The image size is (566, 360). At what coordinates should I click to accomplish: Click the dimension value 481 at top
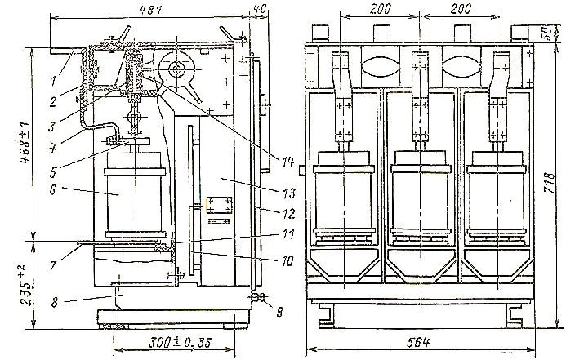pyautogui.click(x=151, y=10)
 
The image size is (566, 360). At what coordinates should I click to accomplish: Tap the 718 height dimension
pyautogui.click(x=550, y=183)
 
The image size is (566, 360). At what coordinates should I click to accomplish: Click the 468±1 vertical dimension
pyautogui.click(x=25, y=143)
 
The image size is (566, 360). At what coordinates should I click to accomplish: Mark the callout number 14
pyautogui.click(x=288, y=162)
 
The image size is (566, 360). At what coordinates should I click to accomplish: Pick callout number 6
pyautogui.click(x=53, y=189)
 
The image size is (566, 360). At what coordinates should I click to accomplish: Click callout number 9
pyautogui.click(x=279, y=311)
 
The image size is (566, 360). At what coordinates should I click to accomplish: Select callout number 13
pyautogui.click(x=289, y=193)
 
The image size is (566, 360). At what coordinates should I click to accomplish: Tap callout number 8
pyautogui.click(x=55, y=301)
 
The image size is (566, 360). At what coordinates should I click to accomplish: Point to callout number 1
pyautogui.click(x=53, y=81)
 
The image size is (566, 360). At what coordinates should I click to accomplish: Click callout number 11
pyautogui.click(x=288, y=234)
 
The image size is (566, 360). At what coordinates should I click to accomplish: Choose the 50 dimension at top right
pyautogui.click(x=547, y=33)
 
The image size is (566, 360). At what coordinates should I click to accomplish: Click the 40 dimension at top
pyautogui.click(x=260, y=9)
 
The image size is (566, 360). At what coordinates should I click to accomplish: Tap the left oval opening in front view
pyautogui.click(x=380, y=67)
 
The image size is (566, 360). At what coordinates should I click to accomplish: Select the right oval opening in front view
pyautogui.click(x=460, y=67)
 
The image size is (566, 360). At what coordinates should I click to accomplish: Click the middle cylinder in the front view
pyautogui.click(x=420, y=195)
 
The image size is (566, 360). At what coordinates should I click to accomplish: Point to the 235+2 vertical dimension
pyautogui.click(x=24, y=285)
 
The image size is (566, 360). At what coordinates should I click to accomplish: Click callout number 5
pyautogui.click(x=53, y=172)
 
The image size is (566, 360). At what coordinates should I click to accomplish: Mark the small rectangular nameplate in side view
pyautogui.click(x=220, y=205)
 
